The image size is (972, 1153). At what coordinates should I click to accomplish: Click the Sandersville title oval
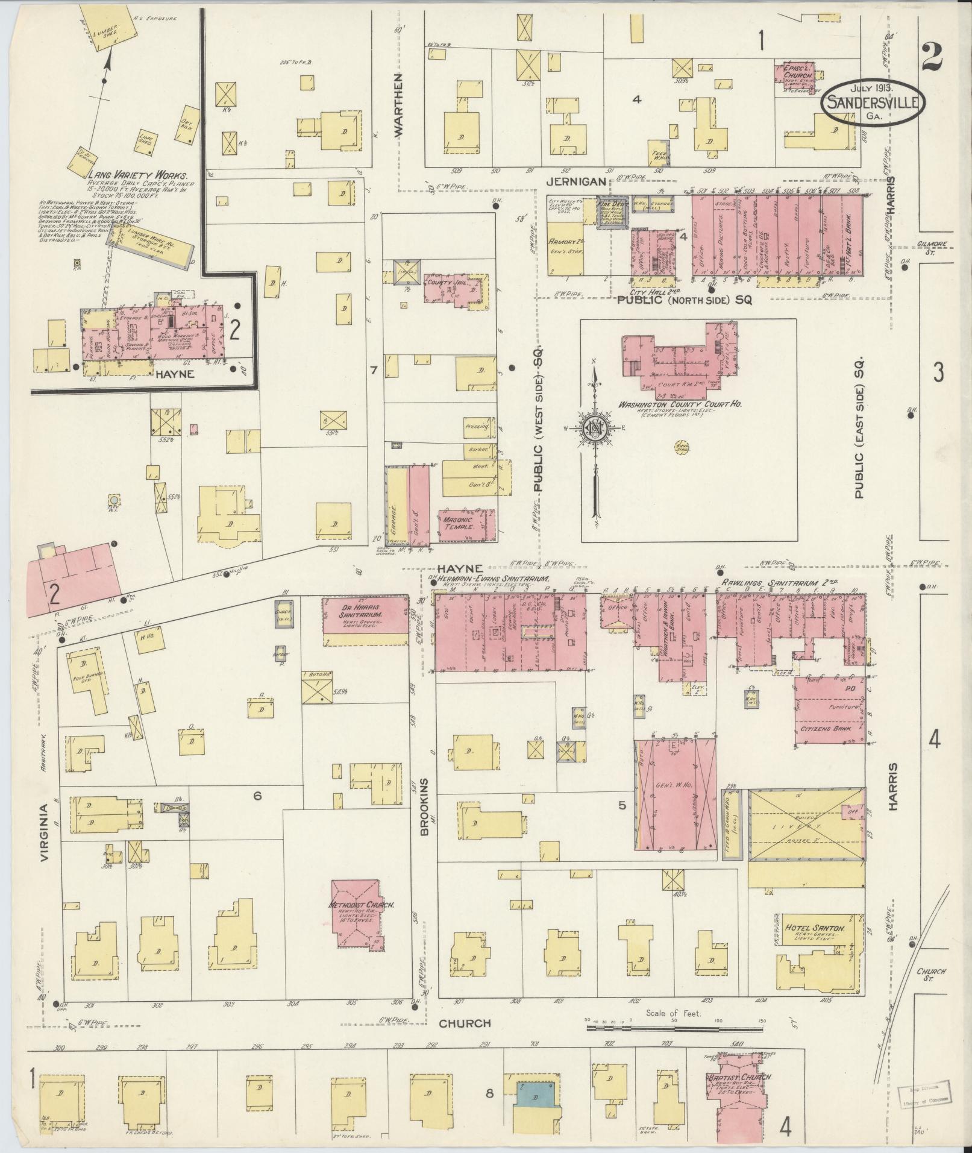click(872, 102)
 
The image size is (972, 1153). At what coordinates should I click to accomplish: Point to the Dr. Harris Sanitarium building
click(365, 614)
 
